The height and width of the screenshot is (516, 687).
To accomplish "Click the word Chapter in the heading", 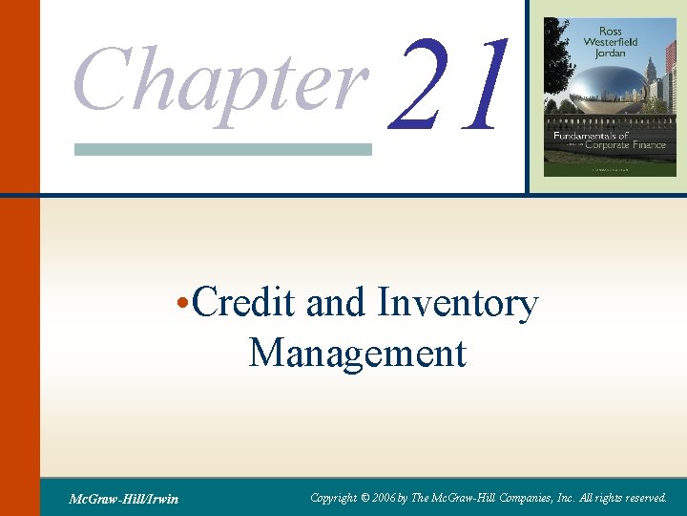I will (220, 78).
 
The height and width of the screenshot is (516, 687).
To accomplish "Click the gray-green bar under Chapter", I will (223, 149).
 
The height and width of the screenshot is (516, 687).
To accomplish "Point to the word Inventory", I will (458, 304).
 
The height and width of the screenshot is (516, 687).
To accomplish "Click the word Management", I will (358, 353).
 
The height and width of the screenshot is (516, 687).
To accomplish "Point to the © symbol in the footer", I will (364, 497).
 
